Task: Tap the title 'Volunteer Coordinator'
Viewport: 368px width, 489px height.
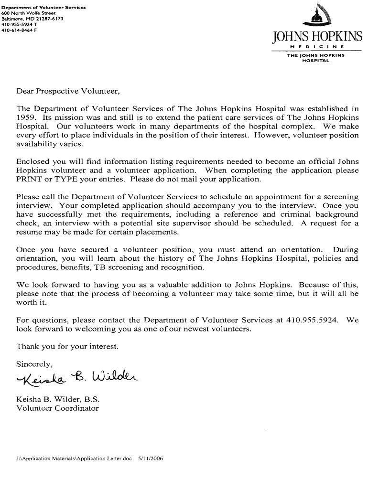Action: point(57,408)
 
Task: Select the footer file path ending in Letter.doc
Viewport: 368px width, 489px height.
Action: point(74,458)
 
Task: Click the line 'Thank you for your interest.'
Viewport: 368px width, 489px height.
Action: point(67,346)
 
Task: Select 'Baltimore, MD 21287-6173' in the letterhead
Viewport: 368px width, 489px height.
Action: point(29,19)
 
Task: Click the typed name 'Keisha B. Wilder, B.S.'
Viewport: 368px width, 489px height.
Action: point(58,399)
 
